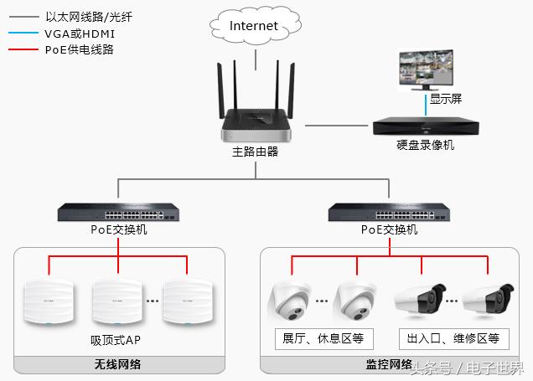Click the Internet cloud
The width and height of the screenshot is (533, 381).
click(254, 27)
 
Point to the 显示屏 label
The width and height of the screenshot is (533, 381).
click(445, 99)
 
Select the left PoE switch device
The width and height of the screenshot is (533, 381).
click(118, 212)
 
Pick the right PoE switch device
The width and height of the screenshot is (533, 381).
click(389, 212)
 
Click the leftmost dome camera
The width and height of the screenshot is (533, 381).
click(290, 303)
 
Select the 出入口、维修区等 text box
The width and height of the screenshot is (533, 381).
click(453, 339)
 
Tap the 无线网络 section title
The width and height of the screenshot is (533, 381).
click(118, 365)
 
